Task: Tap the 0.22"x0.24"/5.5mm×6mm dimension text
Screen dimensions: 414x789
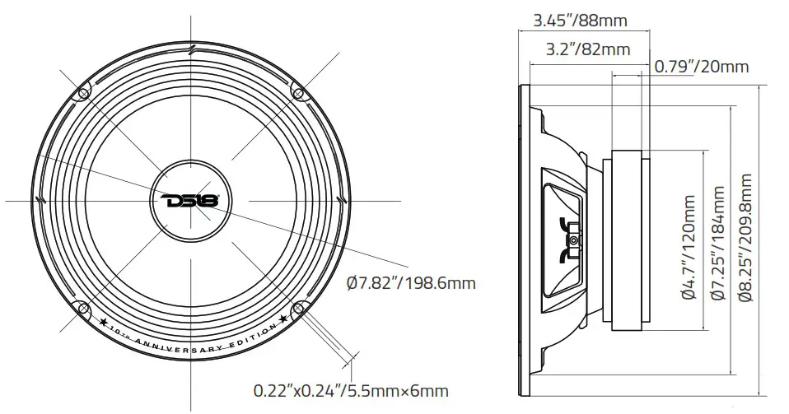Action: [x=351, y=390]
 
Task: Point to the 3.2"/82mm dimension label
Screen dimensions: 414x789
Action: [x=588, y=49]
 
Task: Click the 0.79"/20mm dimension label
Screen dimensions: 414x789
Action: [x=702, y=66]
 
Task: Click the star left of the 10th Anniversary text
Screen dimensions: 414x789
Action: [x=105, y=320]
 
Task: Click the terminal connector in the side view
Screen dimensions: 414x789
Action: [x=574, y=241]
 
